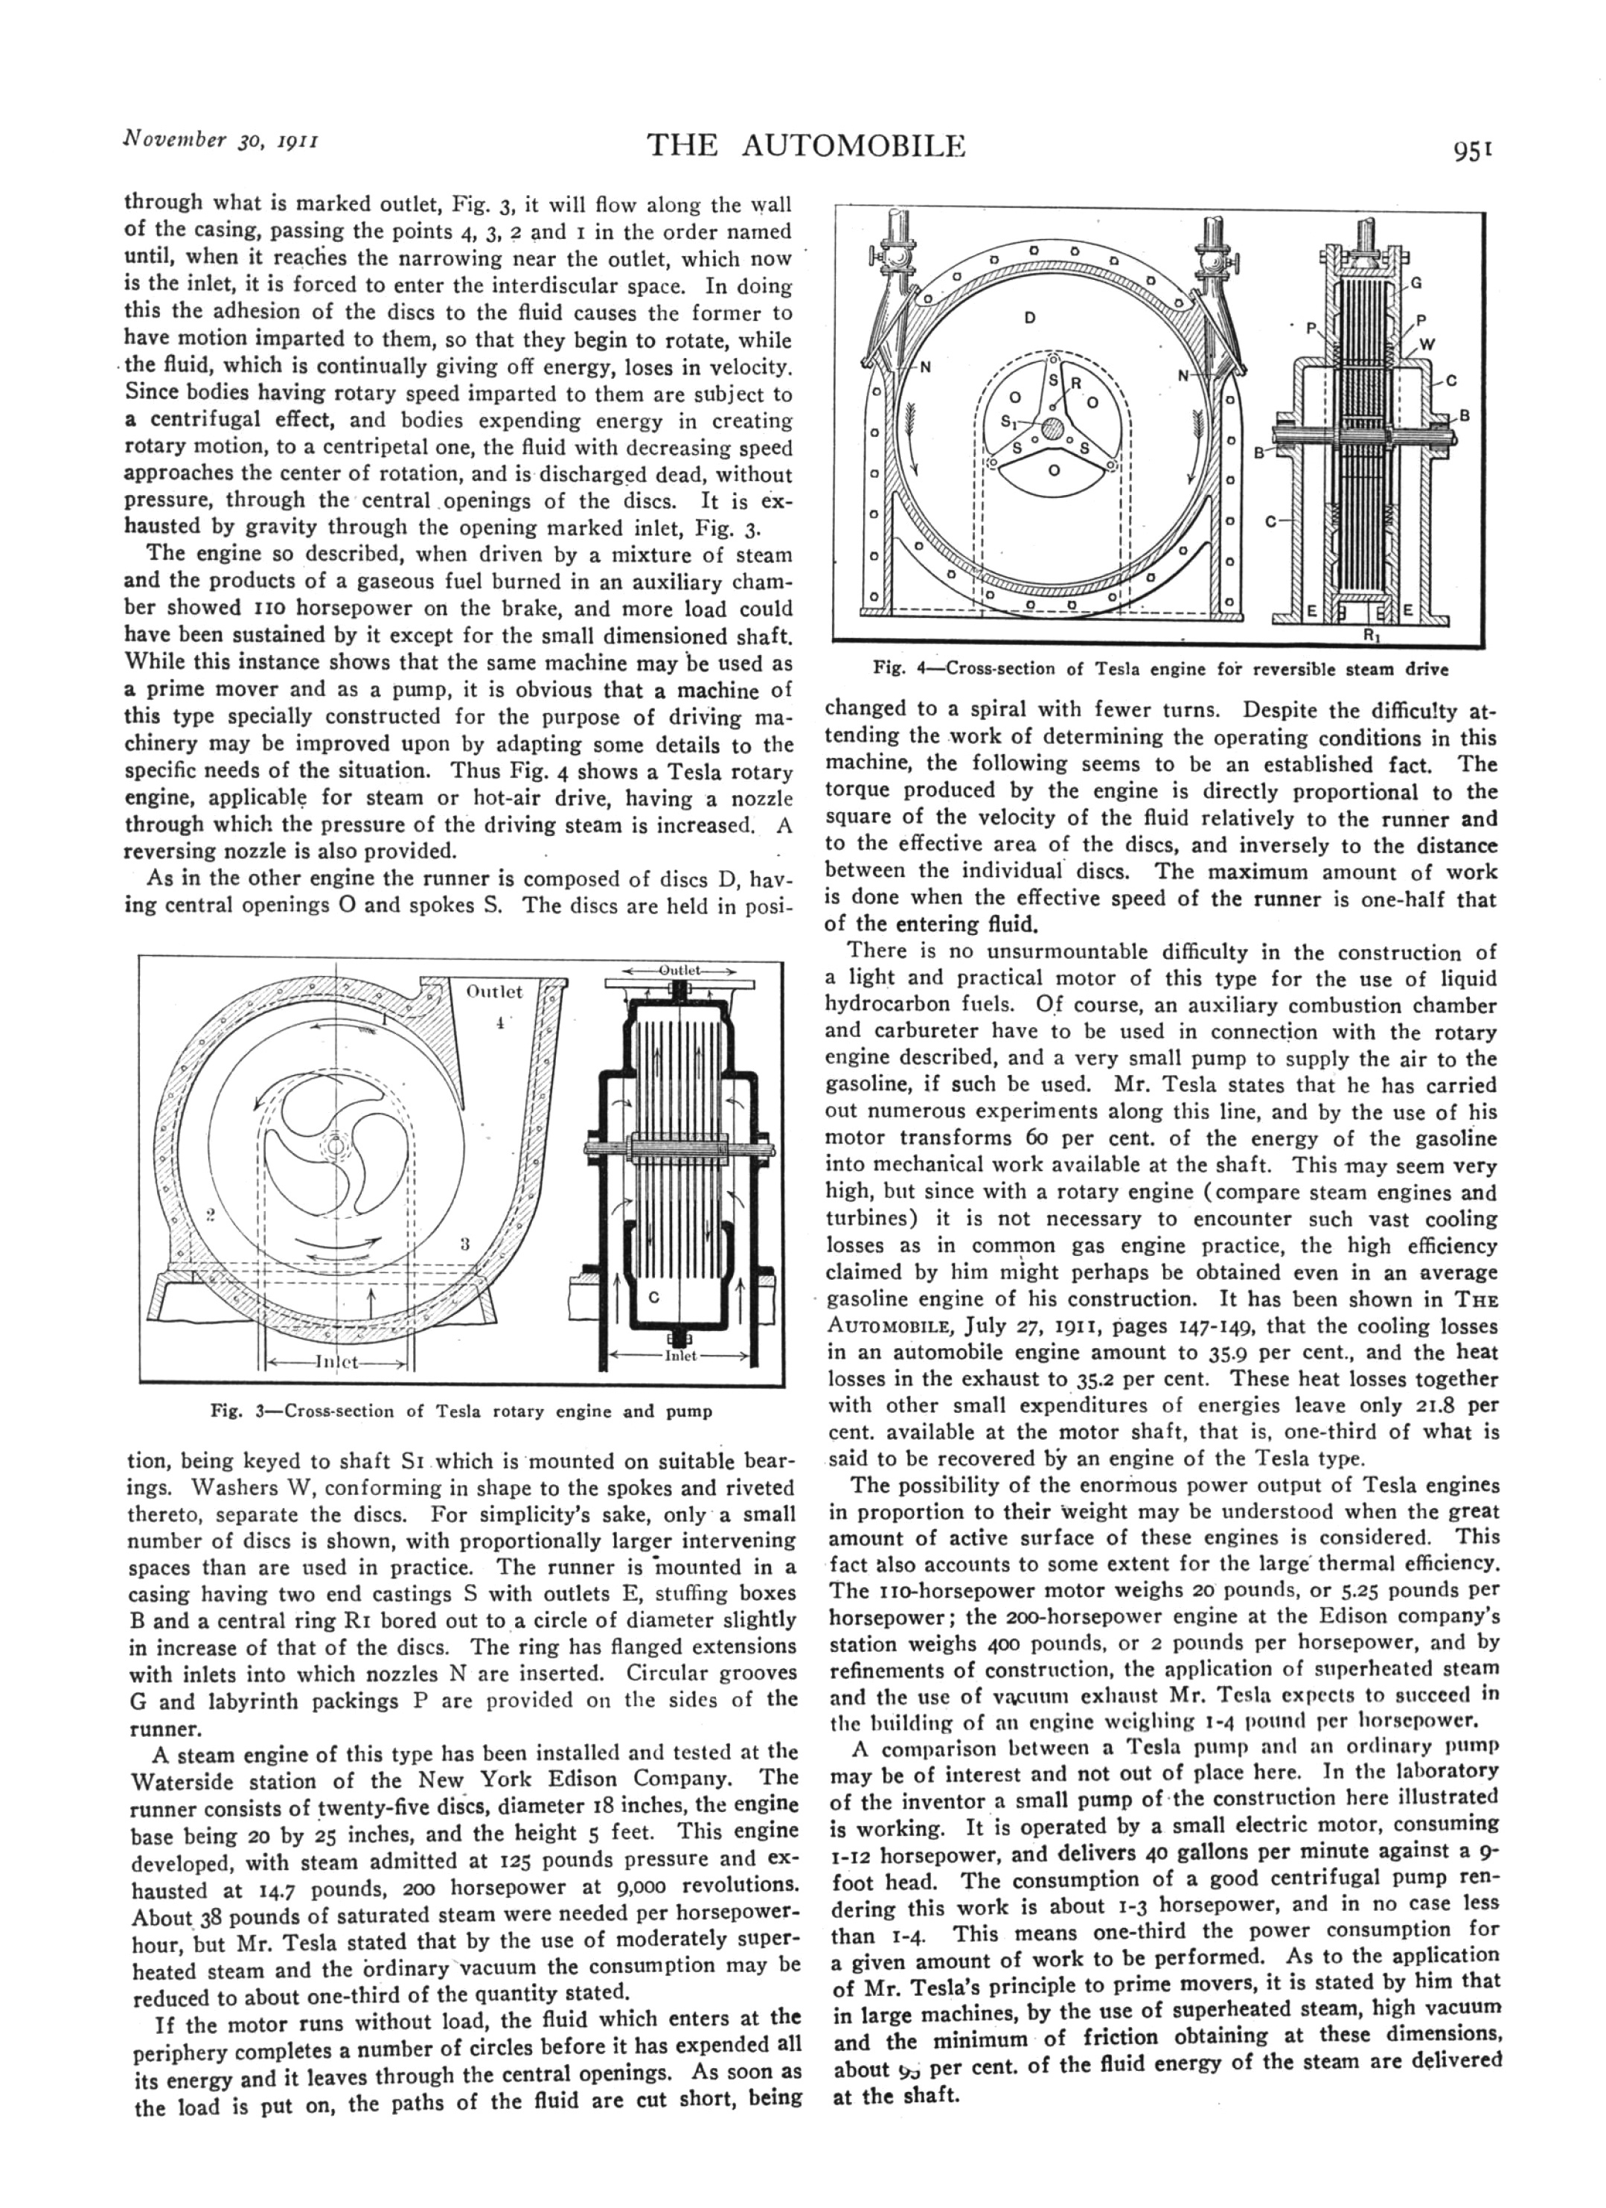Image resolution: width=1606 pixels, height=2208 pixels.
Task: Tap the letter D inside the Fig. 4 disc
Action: [1028, 319]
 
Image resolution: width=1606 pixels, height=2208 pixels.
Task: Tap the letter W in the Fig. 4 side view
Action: [1427, 344]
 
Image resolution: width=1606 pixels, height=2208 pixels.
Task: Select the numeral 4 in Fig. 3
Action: [499, 1023]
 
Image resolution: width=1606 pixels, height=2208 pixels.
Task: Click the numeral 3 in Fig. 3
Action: [465, 1243]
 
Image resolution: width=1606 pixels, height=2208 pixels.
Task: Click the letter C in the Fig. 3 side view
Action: [654, 1297]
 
